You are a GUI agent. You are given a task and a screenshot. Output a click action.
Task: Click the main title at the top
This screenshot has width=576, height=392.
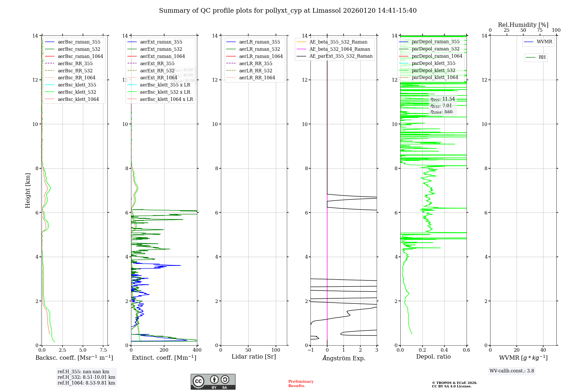coord(288,11)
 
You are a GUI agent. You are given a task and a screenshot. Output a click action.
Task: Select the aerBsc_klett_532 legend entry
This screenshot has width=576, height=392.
coord(77,92)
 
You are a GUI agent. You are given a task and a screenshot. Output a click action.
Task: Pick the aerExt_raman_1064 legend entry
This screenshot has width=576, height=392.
coord(162,56)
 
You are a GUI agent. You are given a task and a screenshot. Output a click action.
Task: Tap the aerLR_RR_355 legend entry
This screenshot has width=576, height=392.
coord(255,63)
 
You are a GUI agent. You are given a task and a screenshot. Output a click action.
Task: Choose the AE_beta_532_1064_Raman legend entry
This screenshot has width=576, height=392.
coord(340,49)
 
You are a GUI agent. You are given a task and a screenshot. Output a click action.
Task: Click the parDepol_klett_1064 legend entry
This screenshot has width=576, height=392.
coord(435,77)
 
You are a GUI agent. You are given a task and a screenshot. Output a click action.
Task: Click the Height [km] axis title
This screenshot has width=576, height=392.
coord(28,190)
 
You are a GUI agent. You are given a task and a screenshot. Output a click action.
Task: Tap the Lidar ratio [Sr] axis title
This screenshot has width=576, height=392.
coord(254,357)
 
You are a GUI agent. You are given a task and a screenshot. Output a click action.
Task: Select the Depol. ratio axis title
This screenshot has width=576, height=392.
coord(433,357)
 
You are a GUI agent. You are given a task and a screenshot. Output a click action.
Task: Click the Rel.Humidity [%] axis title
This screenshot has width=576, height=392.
coord(523,25)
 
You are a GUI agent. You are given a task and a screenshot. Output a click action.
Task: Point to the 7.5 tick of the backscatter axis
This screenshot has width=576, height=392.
coord(103,350)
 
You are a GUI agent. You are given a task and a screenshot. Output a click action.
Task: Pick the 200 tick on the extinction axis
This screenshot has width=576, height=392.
coord(164,350)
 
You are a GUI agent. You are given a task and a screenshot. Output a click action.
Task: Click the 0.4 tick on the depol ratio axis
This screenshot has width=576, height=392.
coord(444,350)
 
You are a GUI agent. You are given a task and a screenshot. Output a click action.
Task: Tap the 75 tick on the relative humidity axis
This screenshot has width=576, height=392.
coord(540,30)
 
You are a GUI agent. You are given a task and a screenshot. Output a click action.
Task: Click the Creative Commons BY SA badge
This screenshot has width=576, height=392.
coord(213,382)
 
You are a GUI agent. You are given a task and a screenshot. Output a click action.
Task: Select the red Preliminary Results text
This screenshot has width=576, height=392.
coord(301,384)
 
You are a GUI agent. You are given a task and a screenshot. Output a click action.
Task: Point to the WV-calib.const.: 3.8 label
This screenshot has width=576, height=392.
coord(512,371)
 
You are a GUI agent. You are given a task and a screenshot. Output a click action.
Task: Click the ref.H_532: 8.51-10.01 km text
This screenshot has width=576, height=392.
coord(86,377)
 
